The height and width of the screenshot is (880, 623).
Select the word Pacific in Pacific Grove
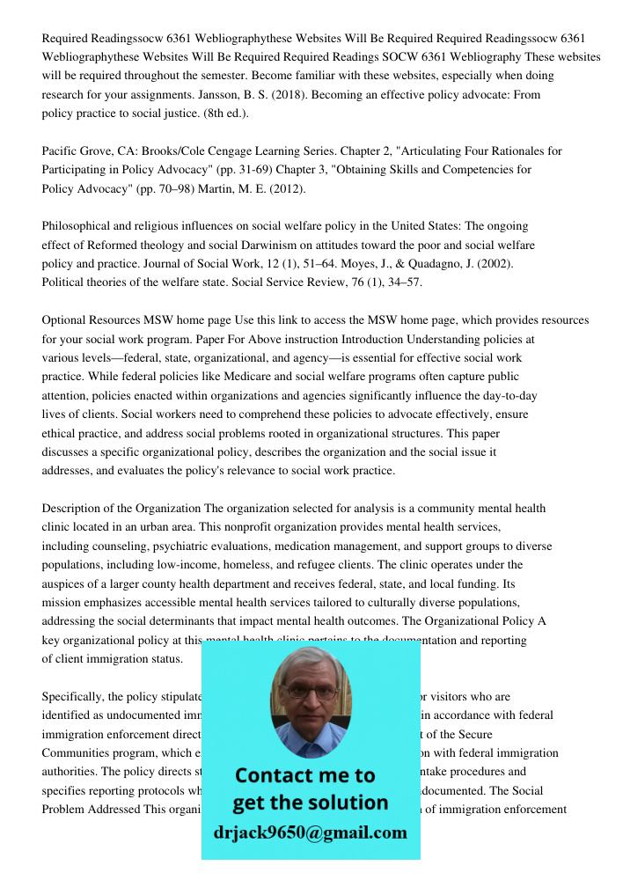pos(62,151)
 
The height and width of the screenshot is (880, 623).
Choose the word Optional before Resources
pos(65,320)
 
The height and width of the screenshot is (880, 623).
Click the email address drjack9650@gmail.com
pos(310,832)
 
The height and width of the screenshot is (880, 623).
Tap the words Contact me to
pos(305,776)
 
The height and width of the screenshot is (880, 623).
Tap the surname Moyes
pos(390,263)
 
